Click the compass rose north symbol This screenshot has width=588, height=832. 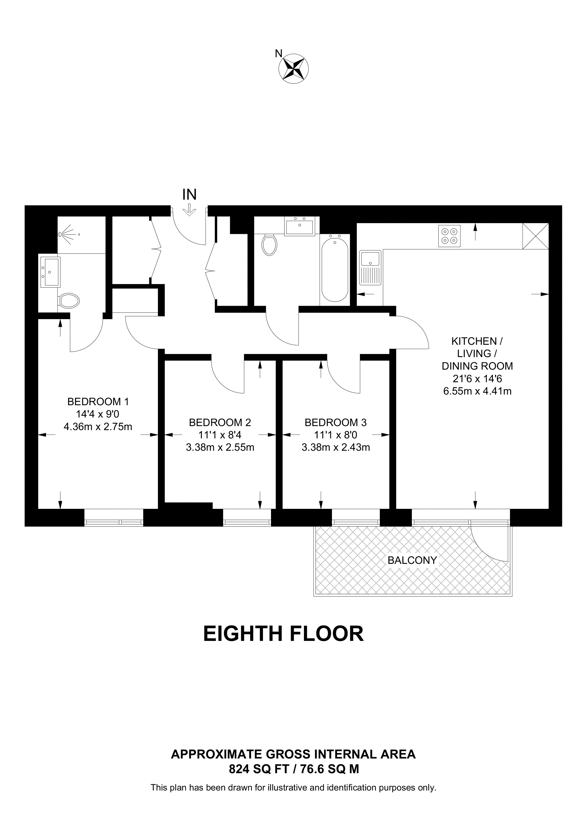tap(293, 68)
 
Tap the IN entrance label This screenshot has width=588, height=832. tap(189, 195)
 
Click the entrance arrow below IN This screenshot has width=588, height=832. tap(189, 210)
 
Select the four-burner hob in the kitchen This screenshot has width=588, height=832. tap(449, 236)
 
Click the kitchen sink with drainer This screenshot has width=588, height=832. tap(370, 268)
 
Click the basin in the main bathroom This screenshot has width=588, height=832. tap(300, 226)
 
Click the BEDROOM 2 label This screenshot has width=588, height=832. tap(220, 423)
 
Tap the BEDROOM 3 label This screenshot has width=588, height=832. tap(335, 423)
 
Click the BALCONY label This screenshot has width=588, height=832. tap(412, 560)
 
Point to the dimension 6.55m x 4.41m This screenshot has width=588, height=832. tap(477, 391)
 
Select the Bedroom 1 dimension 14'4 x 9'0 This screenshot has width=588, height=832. tap(98, 414)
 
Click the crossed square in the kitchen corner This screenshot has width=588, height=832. tap(535, 236)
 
